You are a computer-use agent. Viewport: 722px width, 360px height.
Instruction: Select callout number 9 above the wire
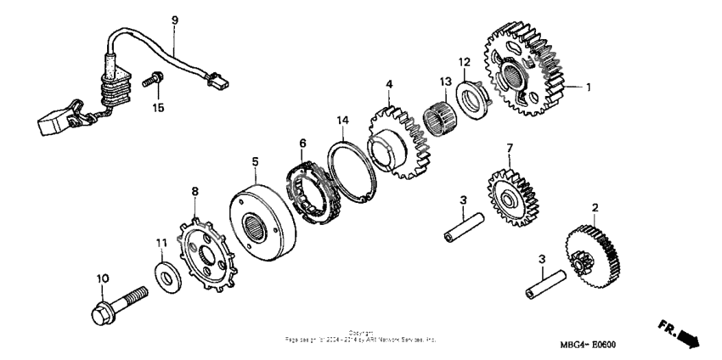click(175, 20)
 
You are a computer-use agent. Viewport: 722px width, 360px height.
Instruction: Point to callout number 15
click(156, 107)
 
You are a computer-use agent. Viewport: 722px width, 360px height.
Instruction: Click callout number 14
click(342, 122)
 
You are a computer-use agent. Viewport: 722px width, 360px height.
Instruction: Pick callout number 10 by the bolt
click(102, 278)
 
